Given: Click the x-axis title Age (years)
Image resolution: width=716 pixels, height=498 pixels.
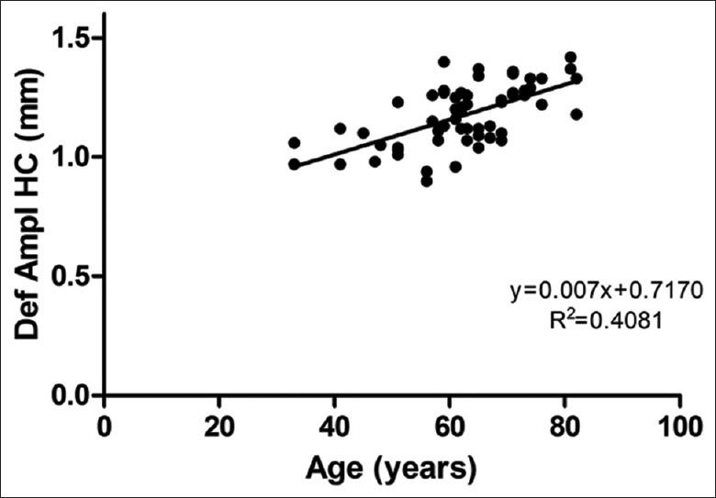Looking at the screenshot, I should (x=392, y=468).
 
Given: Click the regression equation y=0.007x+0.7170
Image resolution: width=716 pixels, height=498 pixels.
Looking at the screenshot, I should (x=607, y=292).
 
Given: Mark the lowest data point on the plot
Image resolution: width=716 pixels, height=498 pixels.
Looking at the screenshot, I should (x=427, y=181).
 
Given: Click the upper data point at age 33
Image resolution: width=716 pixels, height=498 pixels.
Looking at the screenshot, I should (x=294, y=143).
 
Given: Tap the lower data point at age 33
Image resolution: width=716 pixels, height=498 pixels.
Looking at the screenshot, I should (x=294, y=164).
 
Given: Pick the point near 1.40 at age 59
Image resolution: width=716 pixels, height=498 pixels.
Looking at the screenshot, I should (x=444, y=61).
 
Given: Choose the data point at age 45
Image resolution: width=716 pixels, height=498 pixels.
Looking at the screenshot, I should (x=364, y=133).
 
